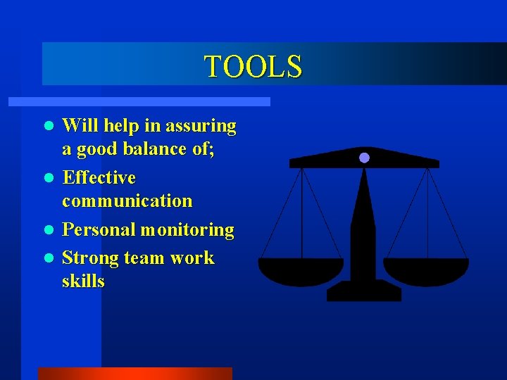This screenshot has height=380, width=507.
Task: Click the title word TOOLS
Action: (253, 66)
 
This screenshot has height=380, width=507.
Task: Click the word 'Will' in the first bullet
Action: (79, 126)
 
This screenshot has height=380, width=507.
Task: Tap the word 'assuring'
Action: (201, 127)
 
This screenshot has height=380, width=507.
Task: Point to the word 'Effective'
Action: (99, 177)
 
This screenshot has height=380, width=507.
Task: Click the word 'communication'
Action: (127, 201)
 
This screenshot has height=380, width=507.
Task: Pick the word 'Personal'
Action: (99, 230)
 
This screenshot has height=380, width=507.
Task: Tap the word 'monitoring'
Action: (187, 230)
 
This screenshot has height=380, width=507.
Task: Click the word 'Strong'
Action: (90, 258)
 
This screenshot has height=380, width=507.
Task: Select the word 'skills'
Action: (83, 281)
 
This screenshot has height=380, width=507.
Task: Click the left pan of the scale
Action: (301, 270)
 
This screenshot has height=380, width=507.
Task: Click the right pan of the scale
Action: (426, 270)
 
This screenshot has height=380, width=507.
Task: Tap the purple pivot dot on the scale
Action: (364, 158)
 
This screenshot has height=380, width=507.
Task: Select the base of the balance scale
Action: (364, 291)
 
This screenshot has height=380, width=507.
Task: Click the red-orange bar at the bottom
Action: (134, 373)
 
